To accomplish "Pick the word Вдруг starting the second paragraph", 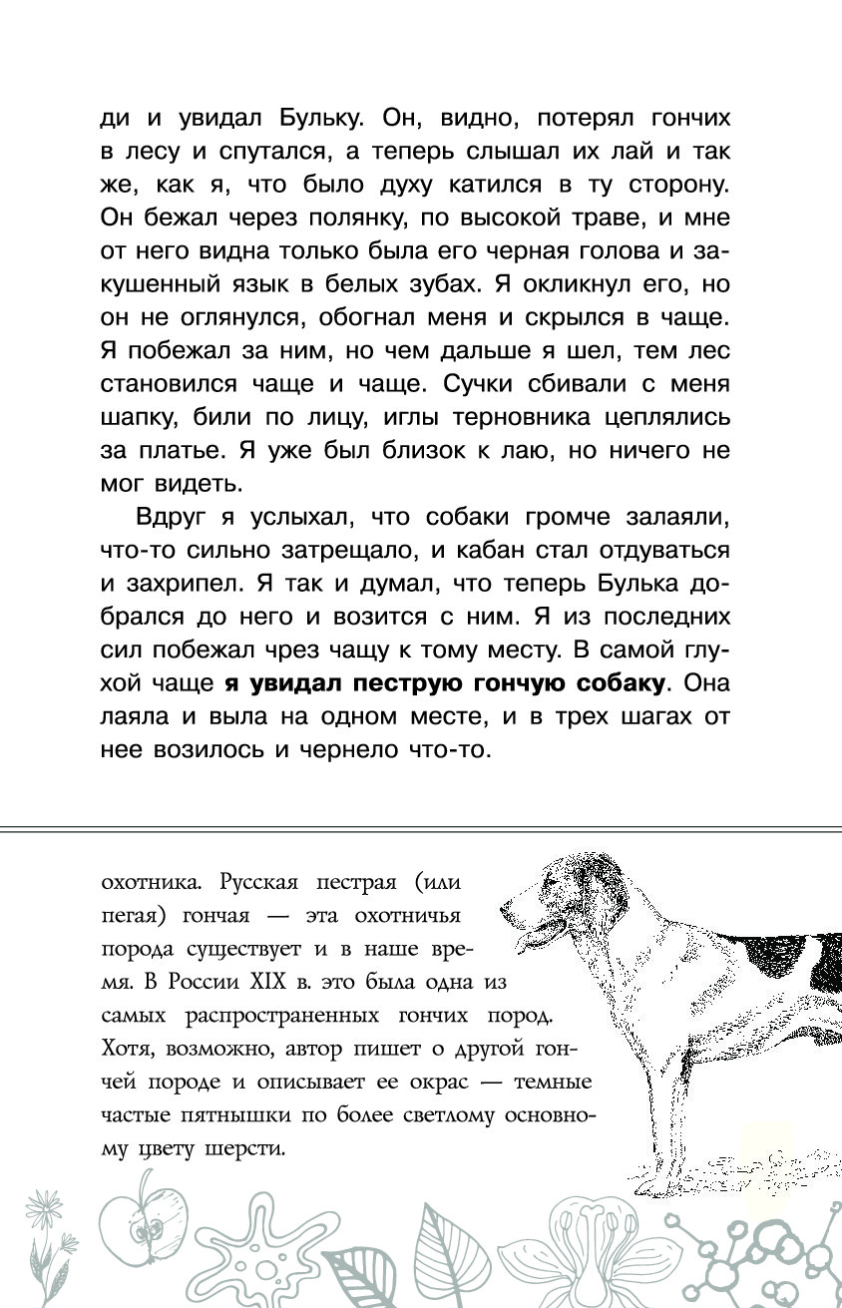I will pyautogui.click(x=167, y=517).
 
